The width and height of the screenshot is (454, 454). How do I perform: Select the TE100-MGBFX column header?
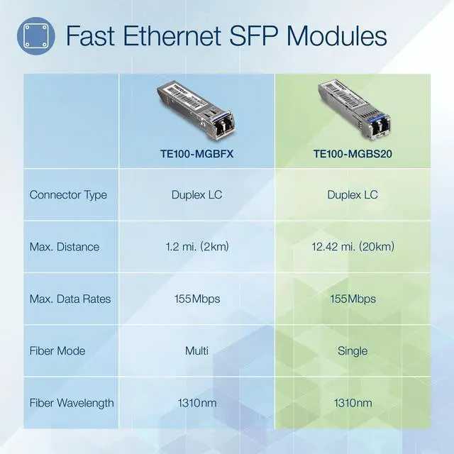point(196,152)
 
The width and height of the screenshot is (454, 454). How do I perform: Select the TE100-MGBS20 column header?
point(353,152)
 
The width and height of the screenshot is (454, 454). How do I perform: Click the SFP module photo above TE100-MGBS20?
point(352,111)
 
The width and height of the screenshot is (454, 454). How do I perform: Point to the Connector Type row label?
point(68,194)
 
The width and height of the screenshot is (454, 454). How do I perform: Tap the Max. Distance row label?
point(64,247)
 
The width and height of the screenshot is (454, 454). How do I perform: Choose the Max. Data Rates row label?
point(70,299)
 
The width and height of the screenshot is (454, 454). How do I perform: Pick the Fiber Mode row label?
point(57,350)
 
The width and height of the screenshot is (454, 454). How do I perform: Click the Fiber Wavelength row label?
point(72,403)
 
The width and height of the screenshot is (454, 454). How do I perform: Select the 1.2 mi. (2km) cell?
point(196,247)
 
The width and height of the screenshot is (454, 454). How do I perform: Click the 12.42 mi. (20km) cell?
point(353,247)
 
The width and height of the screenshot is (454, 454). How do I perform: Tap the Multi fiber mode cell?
point(196,350)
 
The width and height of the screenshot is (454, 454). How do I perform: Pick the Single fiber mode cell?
point(353,350)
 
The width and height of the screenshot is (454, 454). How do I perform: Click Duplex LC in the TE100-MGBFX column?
point(196,194)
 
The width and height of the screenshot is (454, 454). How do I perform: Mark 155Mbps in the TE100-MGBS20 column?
point(353,299)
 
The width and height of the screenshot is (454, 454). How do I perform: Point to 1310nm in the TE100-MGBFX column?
point(196,403)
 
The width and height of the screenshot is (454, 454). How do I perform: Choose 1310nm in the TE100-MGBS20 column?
point(353,403)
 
